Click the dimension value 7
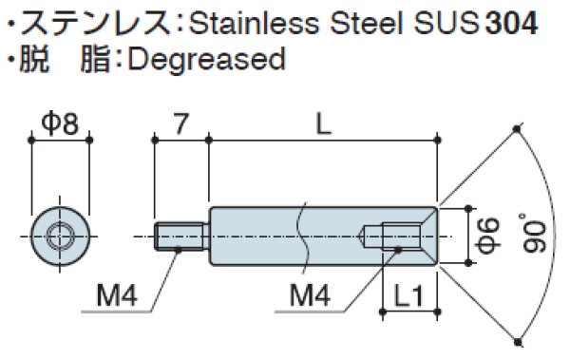180,123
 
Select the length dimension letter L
324,122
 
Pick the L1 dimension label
409,295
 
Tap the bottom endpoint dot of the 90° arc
516,334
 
